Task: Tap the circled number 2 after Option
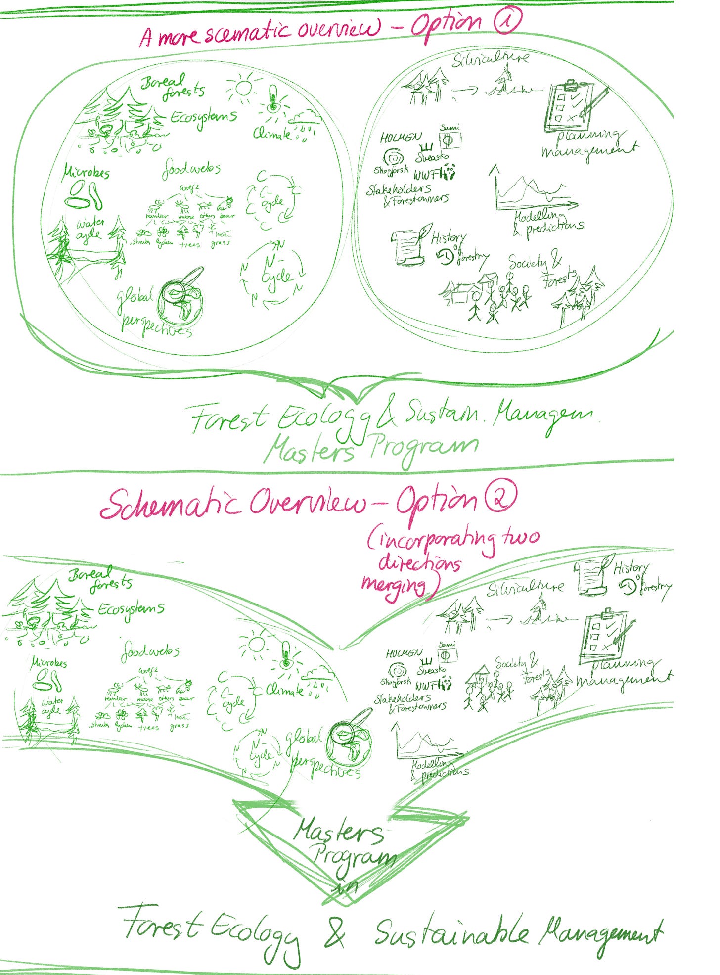[x=500, y=497]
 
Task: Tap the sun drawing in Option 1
[x=242, y=88]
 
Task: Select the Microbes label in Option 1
[x=87, y=173]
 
